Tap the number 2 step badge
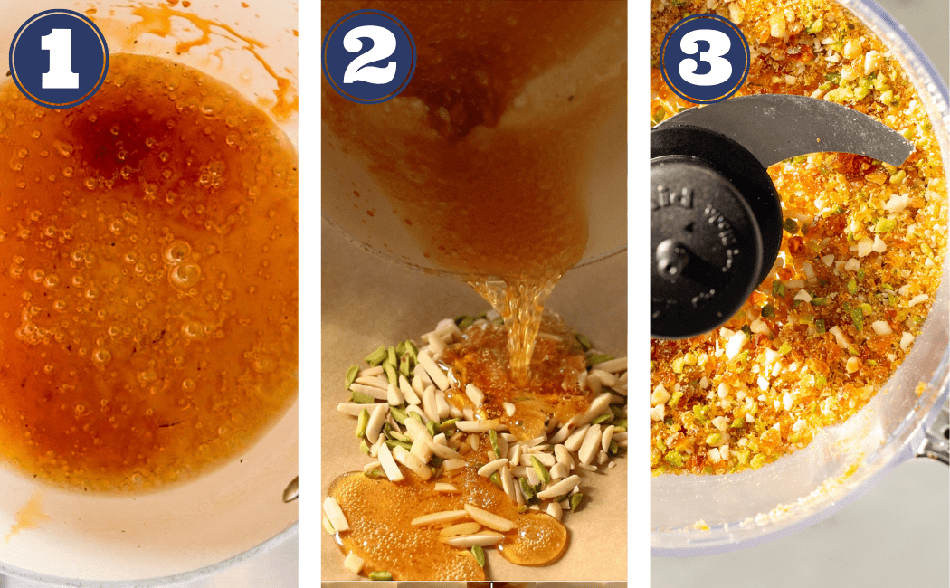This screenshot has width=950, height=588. [x=369, y=57]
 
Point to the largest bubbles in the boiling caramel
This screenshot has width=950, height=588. [x=181, y=262]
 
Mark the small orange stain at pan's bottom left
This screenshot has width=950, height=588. [x=27, y=516]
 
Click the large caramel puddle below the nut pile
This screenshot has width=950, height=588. [x=398, y=525]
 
